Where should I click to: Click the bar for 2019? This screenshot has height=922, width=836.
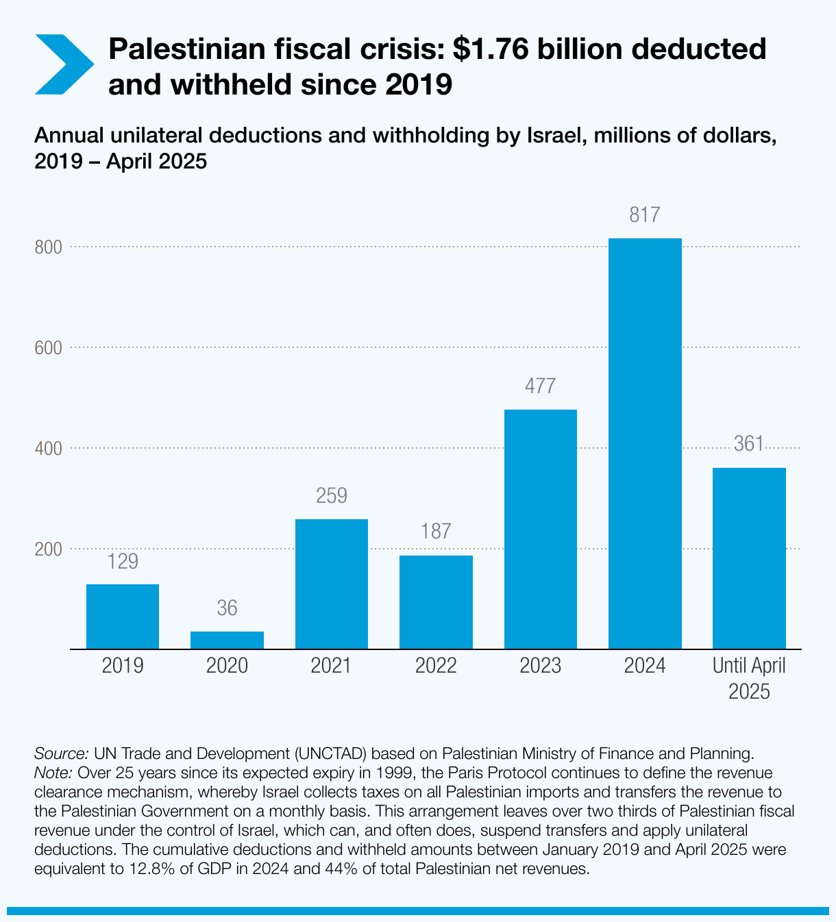coord(123,616)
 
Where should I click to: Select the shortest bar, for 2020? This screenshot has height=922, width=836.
coord(227,640)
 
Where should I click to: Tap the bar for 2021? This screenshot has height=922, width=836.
coord(332,584)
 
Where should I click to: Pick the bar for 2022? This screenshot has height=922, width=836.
coord(436,602)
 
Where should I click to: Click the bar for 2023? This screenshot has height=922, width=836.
coord(541,529)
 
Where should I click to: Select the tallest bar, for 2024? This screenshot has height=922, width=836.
coord(645,443)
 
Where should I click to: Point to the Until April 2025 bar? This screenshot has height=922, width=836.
coord(749,558)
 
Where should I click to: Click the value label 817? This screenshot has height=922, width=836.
coord(645,215)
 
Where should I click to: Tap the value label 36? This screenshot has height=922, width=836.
coord(227,608)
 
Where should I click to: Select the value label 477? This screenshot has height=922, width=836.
coord(541,386)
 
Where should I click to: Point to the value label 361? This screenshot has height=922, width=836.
coord(749,444)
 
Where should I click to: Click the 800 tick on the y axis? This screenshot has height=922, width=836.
coord(49,247)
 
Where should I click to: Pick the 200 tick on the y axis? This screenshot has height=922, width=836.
coord(49,549)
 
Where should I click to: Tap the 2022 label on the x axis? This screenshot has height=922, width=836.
coord(436,666)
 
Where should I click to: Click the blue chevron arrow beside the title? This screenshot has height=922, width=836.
coord(63,64)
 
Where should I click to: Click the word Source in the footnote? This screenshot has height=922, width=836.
coord(60,753)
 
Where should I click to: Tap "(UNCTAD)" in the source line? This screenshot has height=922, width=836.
coord(332,753)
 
